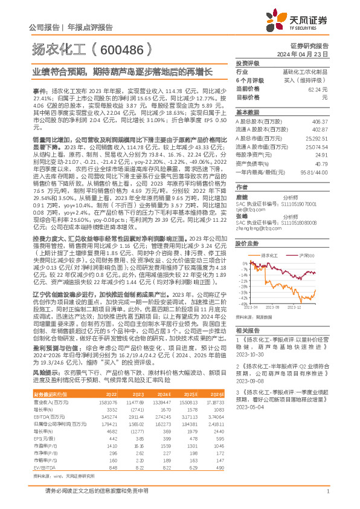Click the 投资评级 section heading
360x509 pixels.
coord(247,63)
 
